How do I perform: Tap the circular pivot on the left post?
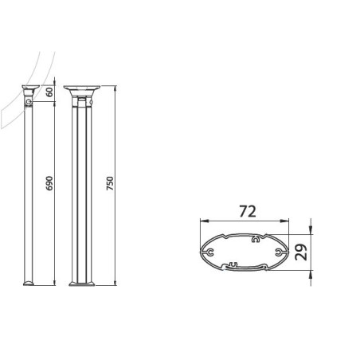tap(29, 101)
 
